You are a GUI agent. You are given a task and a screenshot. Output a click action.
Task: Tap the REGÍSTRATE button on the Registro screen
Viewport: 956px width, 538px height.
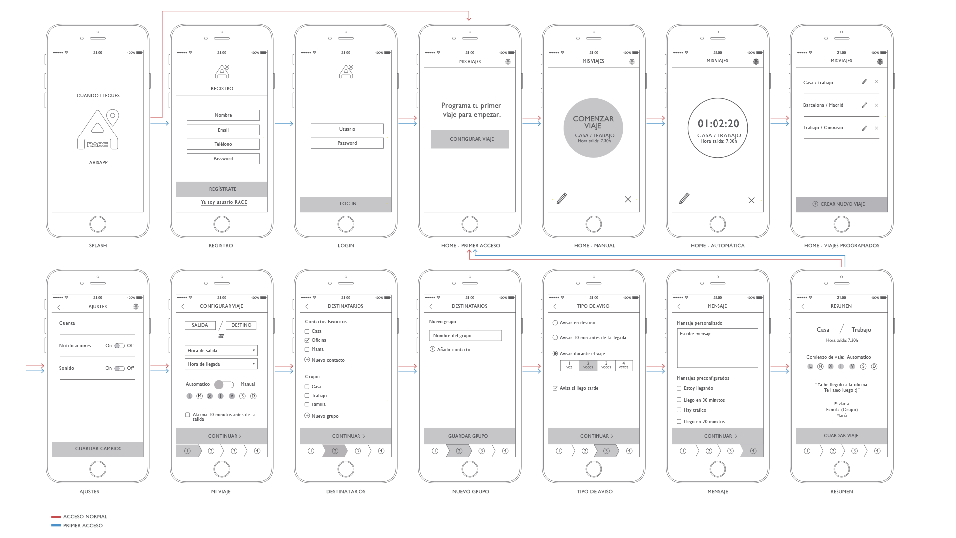pyautogui.click(x=222, y=189)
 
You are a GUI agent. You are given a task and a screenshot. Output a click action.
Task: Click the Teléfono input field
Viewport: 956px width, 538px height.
pyautogui.click(x=223, y=144)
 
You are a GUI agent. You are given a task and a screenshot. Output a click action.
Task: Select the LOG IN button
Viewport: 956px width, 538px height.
pyautogui.click(x=346, y=204)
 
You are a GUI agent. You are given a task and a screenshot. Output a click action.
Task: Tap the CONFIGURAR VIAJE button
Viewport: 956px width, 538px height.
pyautogui.click(x=470, y=139)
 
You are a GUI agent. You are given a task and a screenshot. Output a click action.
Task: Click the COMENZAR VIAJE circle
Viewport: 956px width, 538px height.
pyautogui.click(x=593, y=128)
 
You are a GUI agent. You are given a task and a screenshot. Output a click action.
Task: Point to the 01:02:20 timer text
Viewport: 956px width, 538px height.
pyautogui.click(x=718, y=123)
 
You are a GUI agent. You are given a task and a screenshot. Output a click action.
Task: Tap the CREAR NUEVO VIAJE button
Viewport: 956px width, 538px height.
pyautogui.click(x=841, y=204)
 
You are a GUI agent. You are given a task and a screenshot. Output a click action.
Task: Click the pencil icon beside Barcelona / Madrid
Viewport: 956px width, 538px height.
pyautogui.click(x=864, y=105)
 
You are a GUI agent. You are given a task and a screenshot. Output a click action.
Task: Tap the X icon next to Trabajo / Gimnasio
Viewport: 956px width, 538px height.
pyautogui.click(x=876, y=128)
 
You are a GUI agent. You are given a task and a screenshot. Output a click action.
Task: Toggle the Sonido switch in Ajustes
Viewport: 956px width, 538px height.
pyautogui.click(x=119, y=368)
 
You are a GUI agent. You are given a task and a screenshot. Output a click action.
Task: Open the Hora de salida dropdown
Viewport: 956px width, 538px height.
pyautogui.click(x=221, y=351)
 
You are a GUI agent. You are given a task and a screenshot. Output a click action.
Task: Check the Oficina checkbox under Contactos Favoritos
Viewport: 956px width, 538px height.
pyautogui.click(x=307, y=340)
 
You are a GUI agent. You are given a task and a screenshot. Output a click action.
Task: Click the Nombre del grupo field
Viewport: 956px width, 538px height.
pyautogui.click(x=465, y=336)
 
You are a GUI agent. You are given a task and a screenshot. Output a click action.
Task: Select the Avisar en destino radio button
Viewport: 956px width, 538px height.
pyautogui.click(x=555, y=323)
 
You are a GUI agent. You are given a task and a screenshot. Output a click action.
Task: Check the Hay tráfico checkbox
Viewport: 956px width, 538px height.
pyautogui.click(x=679, y=410)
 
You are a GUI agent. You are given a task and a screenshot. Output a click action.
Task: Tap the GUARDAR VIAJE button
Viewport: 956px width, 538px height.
pyautogui.click(x=841, y=436)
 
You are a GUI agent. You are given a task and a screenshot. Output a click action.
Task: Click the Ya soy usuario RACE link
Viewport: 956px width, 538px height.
pyautogui.click(x=224, y=202)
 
